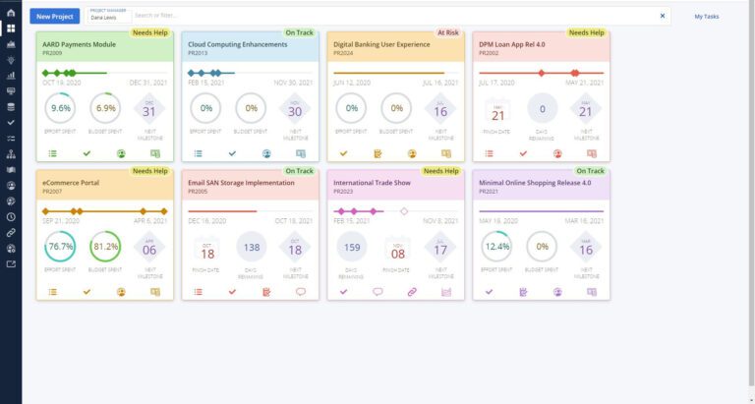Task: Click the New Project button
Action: (x=55, y=16)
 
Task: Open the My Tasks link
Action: (x=706, y=17)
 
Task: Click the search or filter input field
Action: (x=393, y=16)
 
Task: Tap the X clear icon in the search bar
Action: (x=662, y=16)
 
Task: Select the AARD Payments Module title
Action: (x=80, y=44)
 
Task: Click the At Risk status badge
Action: (x=448, y=32)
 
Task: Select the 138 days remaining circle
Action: (x=251, y=249)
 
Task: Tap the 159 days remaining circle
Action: (x=351, y=249)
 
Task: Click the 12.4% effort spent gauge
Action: (x=496, y=249)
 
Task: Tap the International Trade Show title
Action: (x=374, y=182)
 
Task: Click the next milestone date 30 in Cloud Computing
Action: (x=296, y=111)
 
